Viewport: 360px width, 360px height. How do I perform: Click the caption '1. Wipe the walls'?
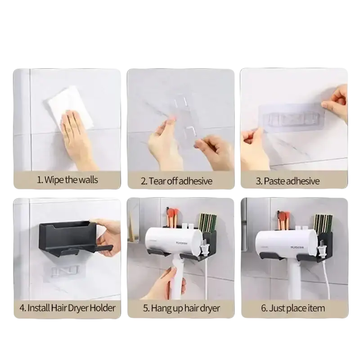(67, 180)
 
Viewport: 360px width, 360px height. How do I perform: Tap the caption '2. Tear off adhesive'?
(176, 181)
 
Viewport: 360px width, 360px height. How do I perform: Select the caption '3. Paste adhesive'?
(288, 181)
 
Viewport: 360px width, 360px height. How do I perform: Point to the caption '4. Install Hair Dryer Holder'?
(67, 308)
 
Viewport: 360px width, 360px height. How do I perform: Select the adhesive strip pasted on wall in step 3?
(292, 118)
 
